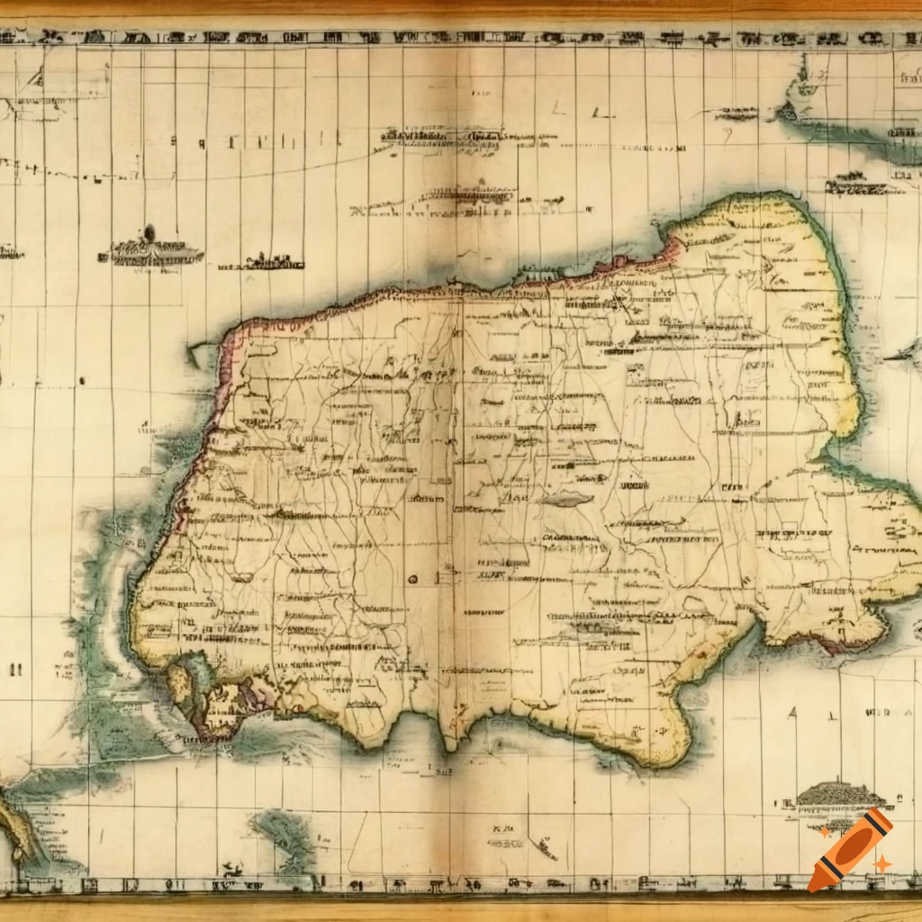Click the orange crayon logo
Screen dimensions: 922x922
[x=850, y=849]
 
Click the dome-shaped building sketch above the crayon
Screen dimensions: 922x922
[x=837, y=795]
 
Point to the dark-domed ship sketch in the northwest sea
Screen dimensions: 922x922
[x=150, y=247]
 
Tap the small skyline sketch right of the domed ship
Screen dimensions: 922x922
[x=261, y=262]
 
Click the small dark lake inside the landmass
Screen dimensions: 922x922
[x=567, y=499]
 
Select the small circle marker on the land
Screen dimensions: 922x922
[x=412, y=578]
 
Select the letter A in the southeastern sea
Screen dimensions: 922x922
[x=793, y=713]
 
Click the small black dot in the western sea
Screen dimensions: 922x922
[x=81, y=381]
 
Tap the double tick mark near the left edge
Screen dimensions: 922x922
[x=14, y=669]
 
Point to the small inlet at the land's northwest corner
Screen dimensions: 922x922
[x=205, y=354]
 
